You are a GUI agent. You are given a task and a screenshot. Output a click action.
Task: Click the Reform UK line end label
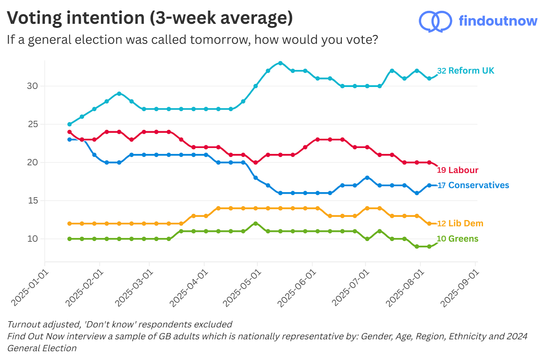(465, 71)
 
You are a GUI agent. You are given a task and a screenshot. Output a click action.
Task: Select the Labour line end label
(458, 170)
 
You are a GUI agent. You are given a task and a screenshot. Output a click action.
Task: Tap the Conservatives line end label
(473, 185)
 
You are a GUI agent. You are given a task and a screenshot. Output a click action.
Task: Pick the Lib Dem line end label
(460, 223)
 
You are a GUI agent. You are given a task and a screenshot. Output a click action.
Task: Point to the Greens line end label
(458, 239)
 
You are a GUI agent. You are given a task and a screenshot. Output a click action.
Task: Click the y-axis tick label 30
(32, 86)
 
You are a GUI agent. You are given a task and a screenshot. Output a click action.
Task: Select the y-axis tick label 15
(33, 200)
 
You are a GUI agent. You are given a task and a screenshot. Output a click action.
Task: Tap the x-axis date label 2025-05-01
(242, 288)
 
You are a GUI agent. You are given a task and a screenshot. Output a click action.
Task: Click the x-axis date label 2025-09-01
(460, 288)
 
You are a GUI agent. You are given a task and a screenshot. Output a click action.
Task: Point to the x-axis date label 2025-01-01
(29, 288)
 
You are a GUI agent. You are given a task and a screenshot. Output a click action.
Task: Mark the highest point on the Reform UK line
(280, 63)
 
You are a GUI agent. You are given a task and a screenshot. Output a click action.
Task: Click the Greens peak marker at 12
(255, 223)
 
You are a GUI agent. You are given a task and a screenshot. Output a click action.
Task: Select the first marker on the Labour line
(69, 132)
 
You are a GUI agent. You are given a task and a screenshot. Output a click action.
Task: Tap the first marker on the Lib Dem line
(69, 223)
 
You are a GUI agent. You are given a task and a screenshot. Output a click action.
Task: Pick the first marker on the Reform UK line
(69, 124)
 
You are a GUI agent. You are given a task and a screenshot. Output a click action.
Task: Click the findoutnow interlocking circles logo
(435, 22)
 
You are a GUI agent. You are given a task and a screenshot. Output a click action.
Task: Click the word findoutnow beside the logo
(498, 21)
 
